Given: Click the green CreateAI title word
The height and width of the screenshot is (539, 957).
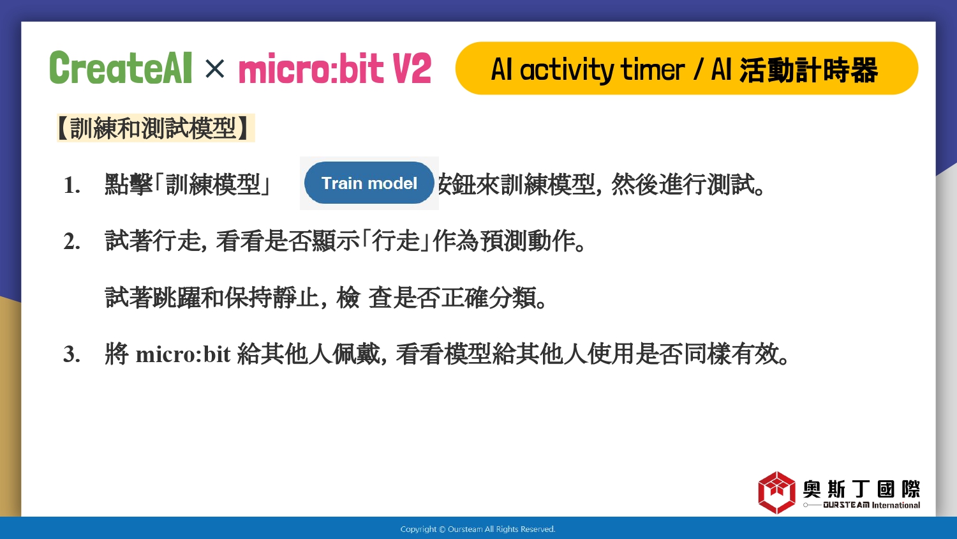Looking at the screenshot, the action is (x=121, y=68).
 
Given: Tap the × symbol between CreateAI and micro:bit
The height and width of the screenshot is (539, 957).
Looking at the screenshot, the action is (x=214, y=68).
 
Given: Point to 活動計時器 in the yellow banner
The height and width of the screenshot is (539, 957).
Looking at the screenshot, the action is (x=808, y=70).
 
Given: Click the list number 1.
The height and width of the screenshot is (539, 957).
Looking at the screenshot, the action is (x=71, y=186).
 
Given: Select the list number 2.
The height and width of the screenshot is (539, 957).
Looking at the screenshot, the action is (x=71, y=241).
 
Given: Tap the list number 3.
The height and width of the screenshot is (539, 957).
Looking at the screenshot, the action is (x=71, y=354).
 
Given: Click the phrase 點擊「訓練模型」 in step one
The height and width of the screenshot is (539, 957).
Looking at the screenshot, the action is (x=188, y=185).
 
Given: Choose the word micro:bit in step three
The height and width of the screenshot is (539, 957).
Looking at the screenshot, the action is (x=183, y=354).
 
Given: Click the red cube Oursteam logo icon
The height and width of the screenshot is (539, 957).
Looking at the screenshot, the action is (x=776, y=492).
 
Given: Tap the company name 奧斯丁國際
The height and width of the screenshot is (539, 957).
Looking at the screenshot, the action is (x=861, y=489).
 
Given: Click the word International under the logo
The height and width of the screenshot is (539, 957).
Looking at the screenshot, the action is (x=896, y=505).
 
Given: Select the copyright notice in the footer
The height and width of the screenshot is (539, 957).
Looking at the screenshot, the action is (x=478, y=529).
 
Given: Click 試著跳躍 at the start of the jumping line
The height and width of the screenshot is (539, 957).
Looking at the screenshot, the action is (x=153, y=298).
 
